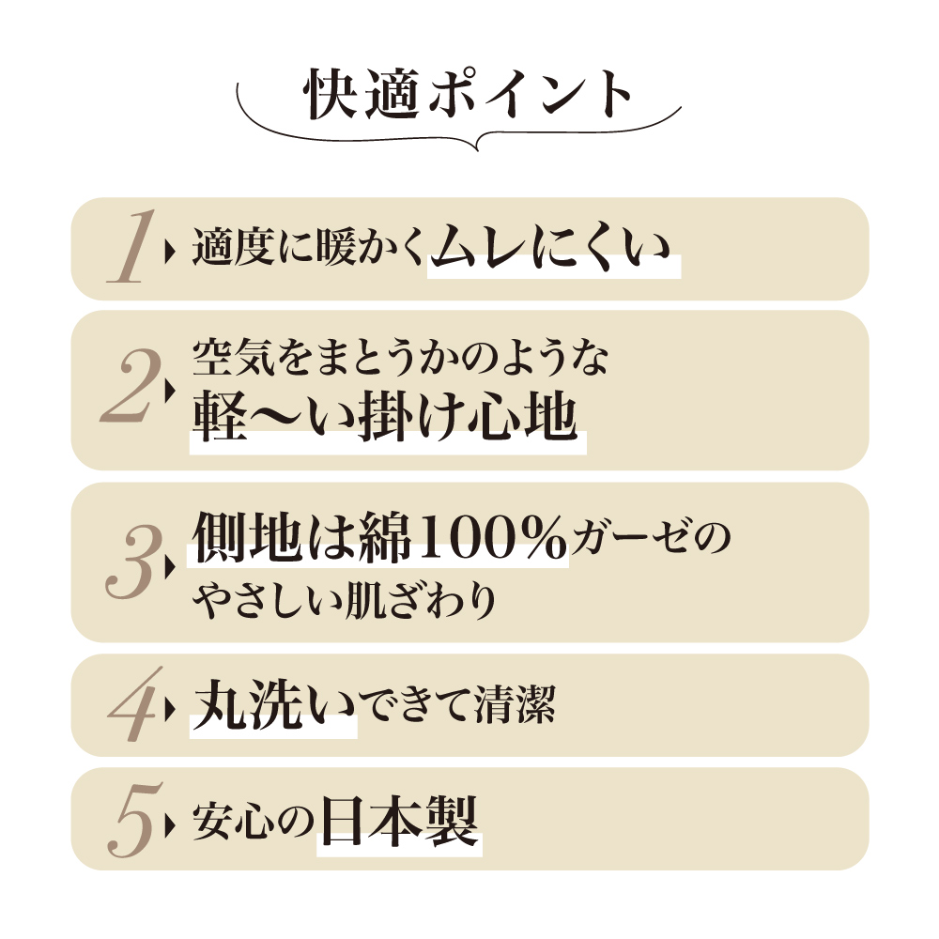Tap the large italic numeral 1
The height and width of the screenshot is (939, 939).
pos(131,246)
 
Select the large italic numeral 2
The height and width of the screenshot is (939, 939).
pos(131,386)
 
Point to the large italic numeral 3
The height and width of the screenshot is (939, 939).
pos(133,562)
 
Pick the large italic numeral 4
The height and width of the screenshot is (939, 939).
pos(135,704)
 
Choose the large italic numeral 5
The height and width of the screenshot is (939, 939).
pos(135,819)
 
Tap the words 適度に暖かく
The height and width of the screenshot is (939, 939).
pos(309,247)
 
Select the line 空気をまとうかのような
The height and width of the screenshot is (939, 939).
pos(400,357)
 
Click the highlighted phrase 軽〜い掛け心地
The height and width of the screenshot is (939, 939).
pos(386,417)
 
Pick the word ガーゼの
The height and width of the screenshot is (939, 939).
pos(651,536)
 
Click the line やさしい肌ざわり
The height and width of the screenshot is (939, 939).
pos(345,600)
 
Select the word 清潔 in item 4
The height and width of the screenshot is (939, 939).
pos(515,704)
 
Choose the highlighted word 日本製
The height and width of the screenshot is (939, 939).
pos(399,821)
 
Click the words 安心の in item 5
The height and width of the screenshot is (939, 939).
pos(254,822)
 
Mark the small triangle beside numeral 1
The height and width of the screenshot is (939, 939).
pos(170,252)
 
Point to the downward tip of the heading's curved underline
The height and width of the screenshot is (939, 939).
pos(477,149)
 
